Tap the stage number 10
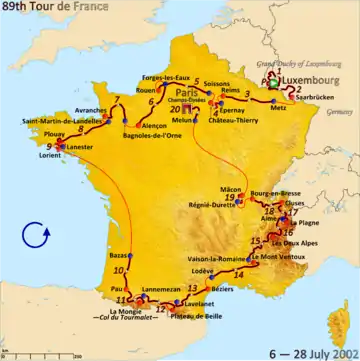[119, 271]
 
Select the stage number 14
[239, 273]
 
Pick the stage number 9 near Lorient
[49, 149]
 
